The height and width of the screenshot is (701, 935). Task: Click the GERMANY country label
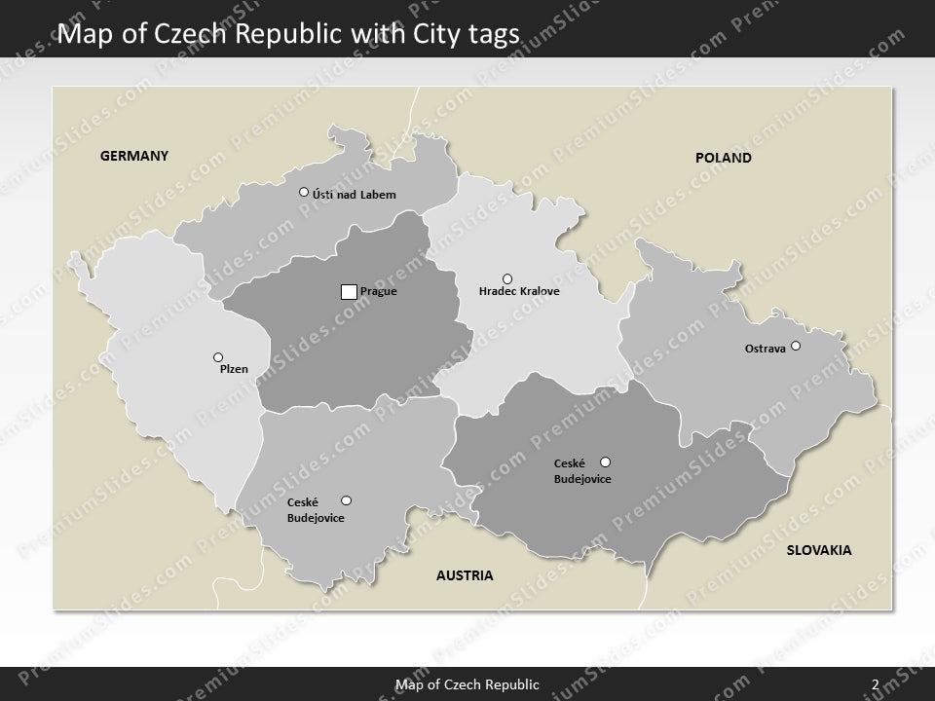click(x=135, y=155)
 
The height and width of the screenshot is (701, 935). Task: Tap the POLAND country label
click(x=723, y=157)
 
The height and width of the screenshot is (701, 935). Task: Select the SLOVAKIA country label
click(x=818, y=550)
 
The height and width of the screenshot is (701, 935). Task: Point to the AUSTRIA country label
click(x=465, y=575)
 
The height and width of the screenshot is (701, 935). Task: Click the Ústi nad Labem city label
click(x=355, y=195)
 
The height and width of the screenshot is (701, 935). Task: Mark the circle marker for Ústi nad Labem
click(x=304, y=192)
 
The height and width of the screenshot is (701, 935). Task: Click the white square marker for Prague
click(x=349, y=291)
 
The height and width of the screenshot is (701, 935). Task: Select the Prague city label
click(x=379, y=291)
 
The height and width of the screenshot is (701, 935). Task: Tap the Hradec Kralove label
click(x=519, y=291)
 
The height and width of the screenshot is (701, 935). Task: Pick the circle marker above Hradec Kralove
click(x=506, y=278)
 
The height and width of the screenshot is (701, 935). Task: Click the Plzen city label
click(x=234, y=370)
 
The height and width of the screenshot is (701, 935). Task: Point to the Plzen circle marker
click(x=218, y=357)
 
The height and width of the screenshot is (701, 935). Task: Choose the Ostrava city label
click(x=765, y=348)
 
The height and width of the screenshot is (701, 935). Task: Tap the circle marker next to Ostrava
click(x=796, y=346)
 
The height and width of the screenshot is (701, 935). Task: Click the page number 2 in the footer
click(x=876, y=684)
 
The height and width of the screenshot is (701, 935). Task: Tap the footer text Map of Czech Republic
click(x=467, y=684)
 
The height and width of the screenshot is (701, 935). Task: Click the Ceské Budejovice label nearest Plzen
click(x=315, y=510)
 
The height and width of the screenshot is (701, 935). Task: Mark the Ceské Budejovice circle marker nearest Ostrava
click(x=605, y=461)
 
